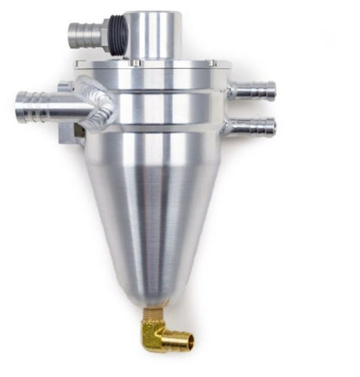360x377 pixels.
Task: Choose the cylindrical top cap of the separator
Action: click(152, 35)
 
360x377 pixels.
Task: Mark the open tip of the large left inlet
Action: click(19, 104)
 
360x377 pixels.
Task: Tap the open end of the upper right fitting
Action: click(273, 90)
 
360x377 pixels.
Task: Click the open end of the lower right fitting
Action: click(273, 126)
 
